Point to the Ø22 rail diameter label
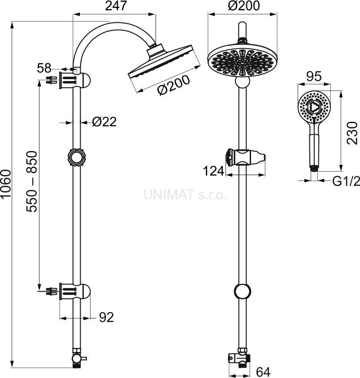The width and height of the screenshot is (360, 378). (x=104, y=122)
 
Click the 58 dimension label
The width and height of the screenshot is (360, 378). (x=44, y=69)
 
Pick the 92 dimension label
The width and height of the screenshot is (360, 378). (x=106, y=318)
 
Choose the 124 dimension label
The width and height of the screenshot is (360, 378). (x=213, y=171)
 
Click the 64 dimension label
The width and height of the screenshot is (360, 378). (x=263, y=371)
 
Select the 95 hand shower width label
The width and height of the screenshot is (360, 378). (x=313, y=77)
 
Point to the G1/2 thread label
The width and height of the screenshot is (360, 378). (x=346, y=181)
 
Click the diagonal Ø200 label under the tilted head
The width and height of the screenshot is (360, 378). (x=173, y=84)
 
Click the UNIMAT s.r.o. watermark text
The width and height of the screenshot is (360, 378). (x=185, y=194)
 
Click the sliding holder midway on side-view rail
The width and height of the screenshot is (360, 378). (x=77, y=157)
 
